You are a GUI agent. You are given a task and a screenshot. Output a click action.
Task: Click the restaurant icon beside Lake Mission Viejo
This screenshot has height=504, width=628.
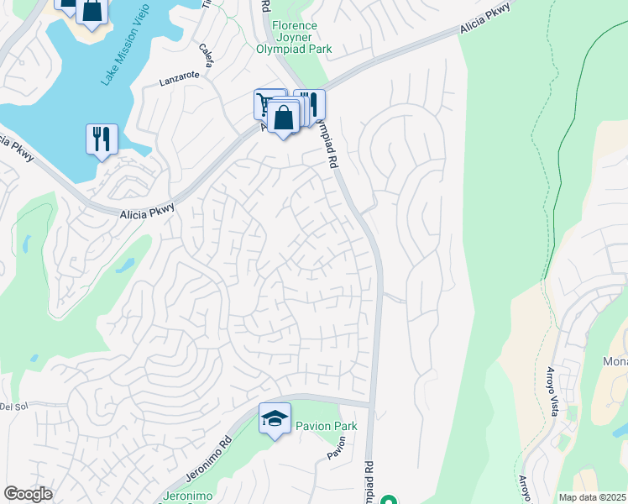coord(102,139)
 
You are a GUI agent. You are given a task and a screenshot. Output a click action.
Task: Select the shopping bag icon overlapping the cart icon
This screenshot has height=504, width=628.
coord(285,118)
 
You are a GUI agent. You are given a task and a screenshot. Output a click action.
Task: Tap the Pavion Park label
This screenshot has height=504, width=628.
coord(326,426)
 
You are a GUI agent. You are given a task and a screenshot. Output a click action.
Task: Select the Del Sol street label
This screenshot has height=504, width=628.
coord(9,407)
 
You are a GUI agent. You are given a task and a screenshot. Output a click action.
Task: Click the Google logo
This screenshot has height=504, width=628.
coord(28,494)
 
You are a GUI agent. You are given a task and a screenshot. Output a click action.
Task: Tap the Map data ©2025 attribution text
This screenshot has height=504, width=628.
coord(592,497)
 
